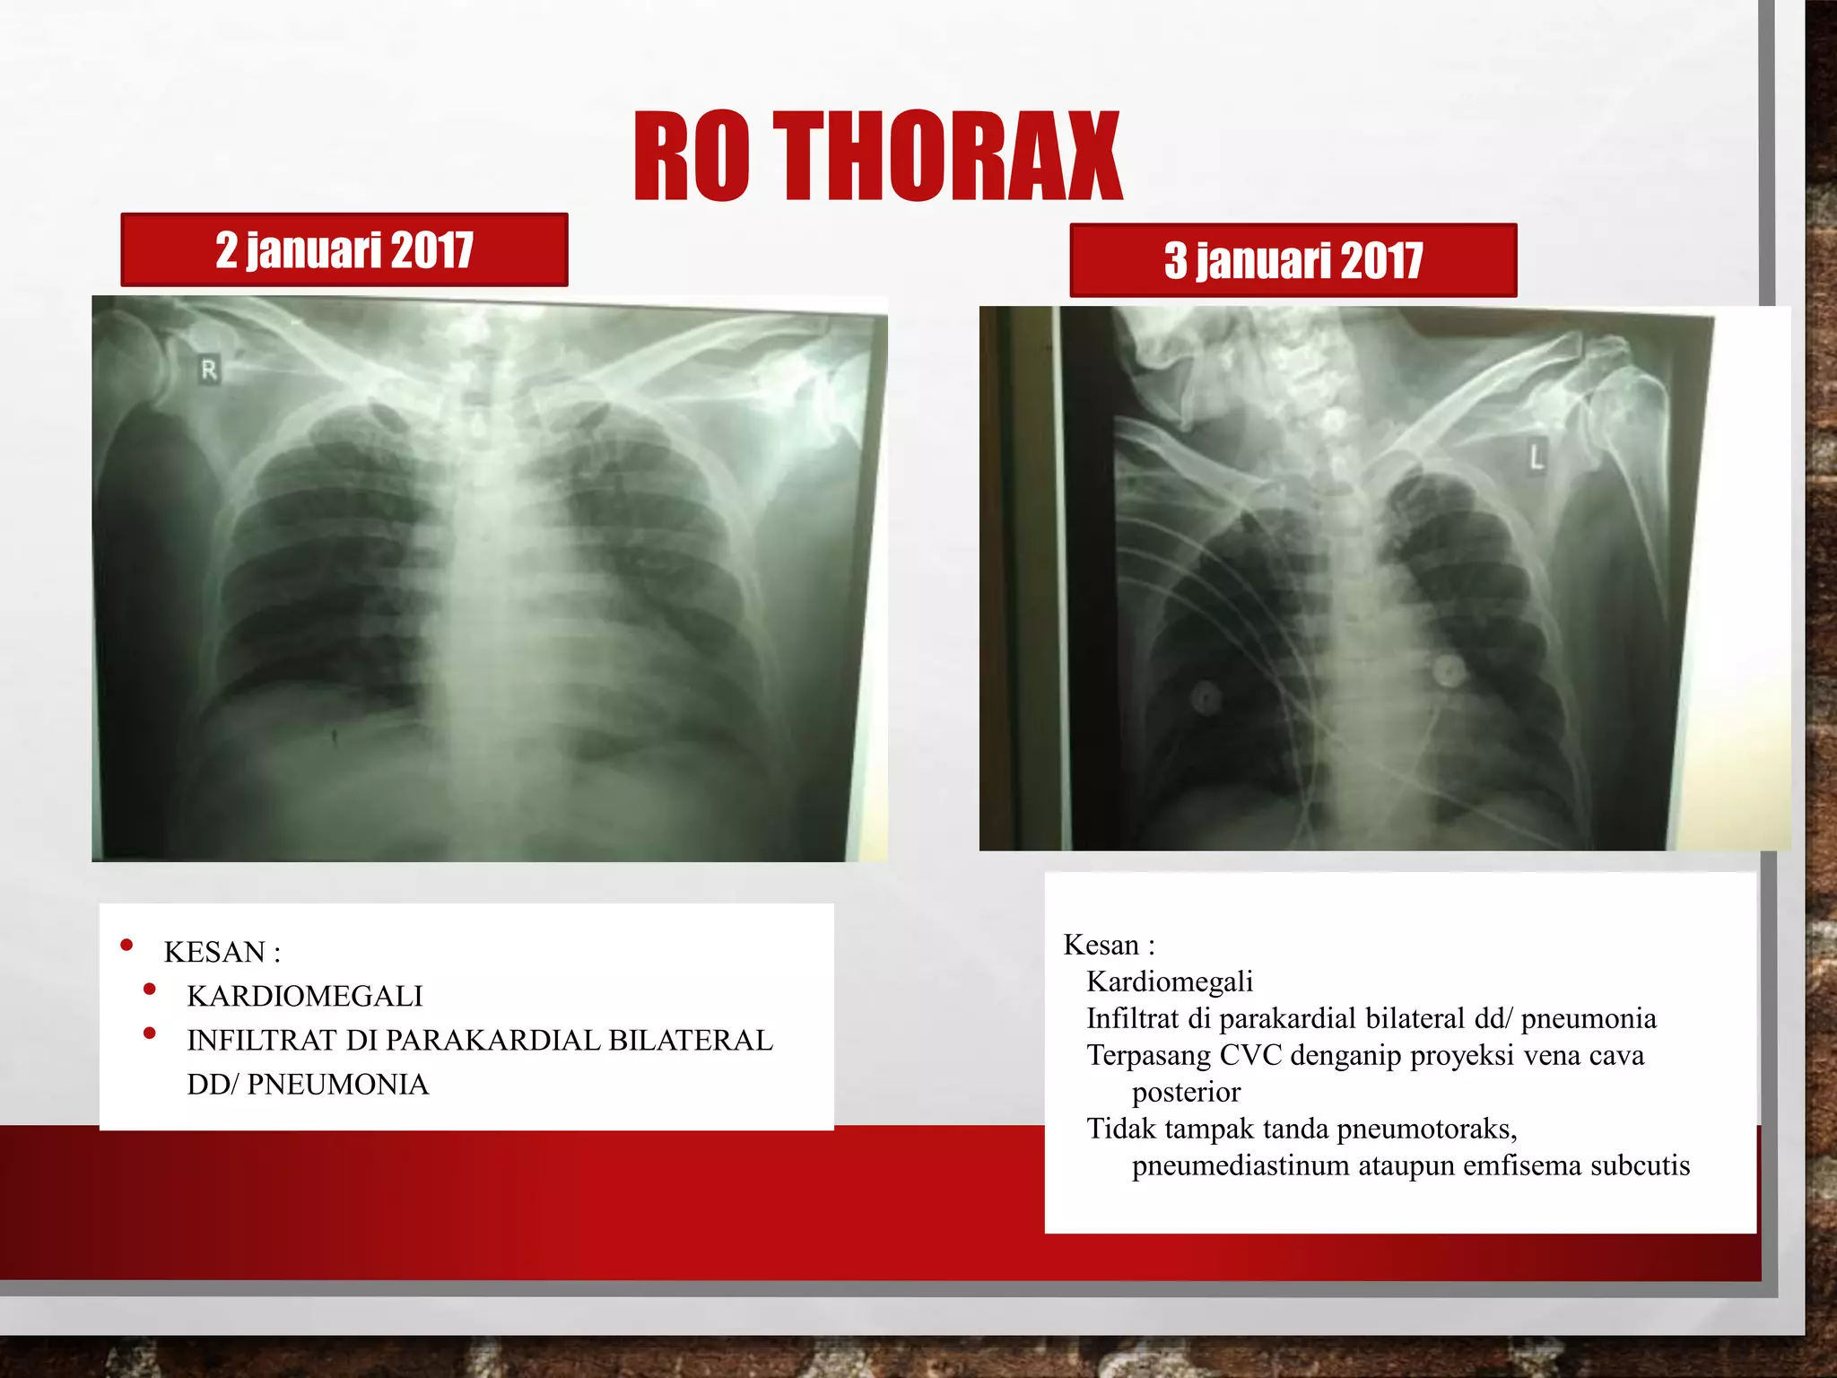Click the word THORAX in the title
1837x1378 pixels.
(946, 157)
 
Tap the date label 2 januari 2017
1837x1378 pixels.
(344, 249)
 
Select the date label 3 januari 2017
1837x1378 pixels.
(1293, 260)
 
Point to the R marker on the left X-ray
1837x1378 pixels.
(209, 370)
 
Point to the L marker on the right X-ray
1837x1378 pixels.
(1537, 458)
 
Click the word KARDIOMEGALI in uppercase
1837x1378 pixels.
(304, 996)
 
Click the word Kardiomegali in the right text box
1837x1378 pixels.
(1169, 981)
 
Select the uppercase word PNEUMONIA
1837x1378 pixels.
(337, 1084)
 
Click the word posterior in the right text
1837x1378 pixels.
(1186, 1092)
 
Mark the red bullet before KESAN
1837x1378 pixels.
(126, 945)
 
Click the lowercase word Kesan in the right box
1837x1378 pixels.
(1101, 945)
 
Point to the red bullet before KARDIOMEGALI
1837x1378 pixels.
(150, 990)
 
